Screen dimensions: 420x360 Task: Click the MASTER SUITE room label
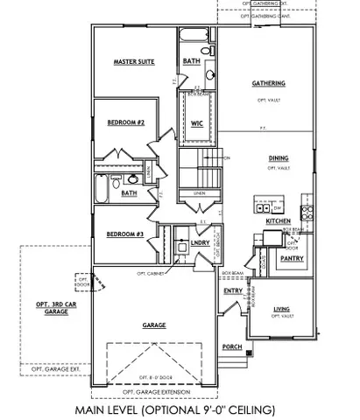[135, 62]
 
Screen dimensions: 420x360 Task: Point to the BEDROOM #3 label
[124, 234]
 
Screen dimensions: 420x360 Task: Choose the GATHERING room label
[268, 83]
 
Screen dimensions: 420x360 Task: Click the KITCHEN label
[278, 221]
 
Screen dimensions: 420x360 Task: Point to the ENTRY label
[233, 290]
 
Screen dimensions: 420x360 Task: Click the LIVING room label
[282, 309]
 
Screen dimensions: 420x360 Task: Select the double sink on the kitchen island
[261, 207]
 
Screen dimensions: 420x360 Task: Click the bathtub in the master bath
[192, 38]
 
